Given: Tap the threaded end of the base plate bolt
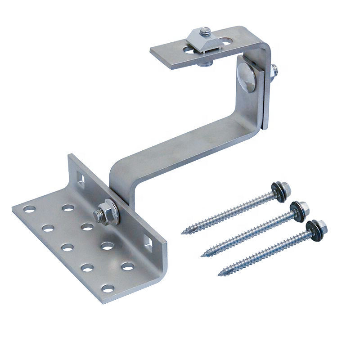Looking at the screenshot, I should (x=96, y=215).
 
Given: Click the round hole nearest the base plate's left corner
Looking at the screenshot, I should (x=30, y=209).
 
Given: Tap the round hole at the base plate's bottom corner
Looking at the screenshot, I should (x=108, y=288).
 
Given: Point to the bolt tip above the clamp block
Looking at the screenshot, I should (x=206, y=31).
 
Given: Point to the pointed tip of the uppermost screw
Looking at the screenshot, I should (x=183, y=233).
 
